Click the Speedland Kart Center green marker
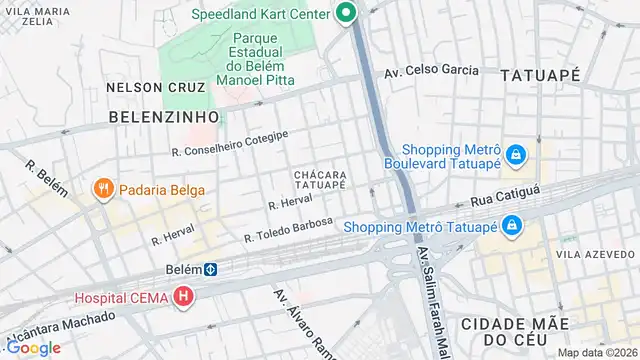pyautogui.click(x=346, y=13)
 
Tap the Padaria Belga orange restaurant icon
pyautogui.click(x=102, y=190)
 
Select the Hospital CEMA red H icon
pyautogui.click(x=183, y=297)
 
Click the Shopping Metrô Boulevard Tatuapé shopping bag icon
pyautogui.click(x=516, y=155)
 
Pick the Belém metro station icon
pyautogui.click(x=211, y=269)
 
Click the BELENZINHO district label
pyautogui.click(x=163, y=117)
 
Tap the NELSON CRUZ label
pyautogui.click(x=148, y=87)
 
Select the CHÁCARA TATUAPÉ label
pyautogui.click(x=320, y=179)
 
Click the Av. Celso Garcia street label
pyautogui.click(x=431, y=72)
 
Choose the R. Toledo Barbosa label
pyautogui.click(x=288, y=230)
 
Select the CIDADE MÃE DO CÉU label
pyautogui.click(x=516, y=332)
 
